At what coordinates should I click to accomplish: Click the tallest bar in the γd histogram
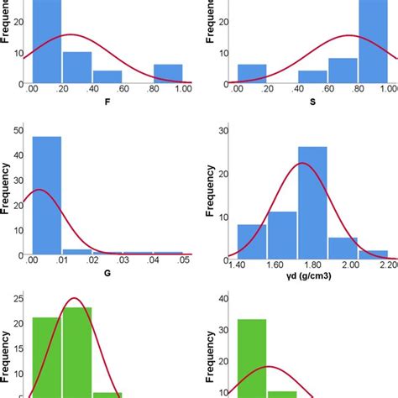312,202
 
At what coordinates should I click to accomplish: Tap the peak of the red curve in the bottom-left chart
76,298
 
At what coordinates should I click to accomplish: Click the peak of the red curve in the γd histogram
301,163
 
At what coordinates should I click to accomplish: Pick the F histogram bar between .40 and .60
107,77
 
